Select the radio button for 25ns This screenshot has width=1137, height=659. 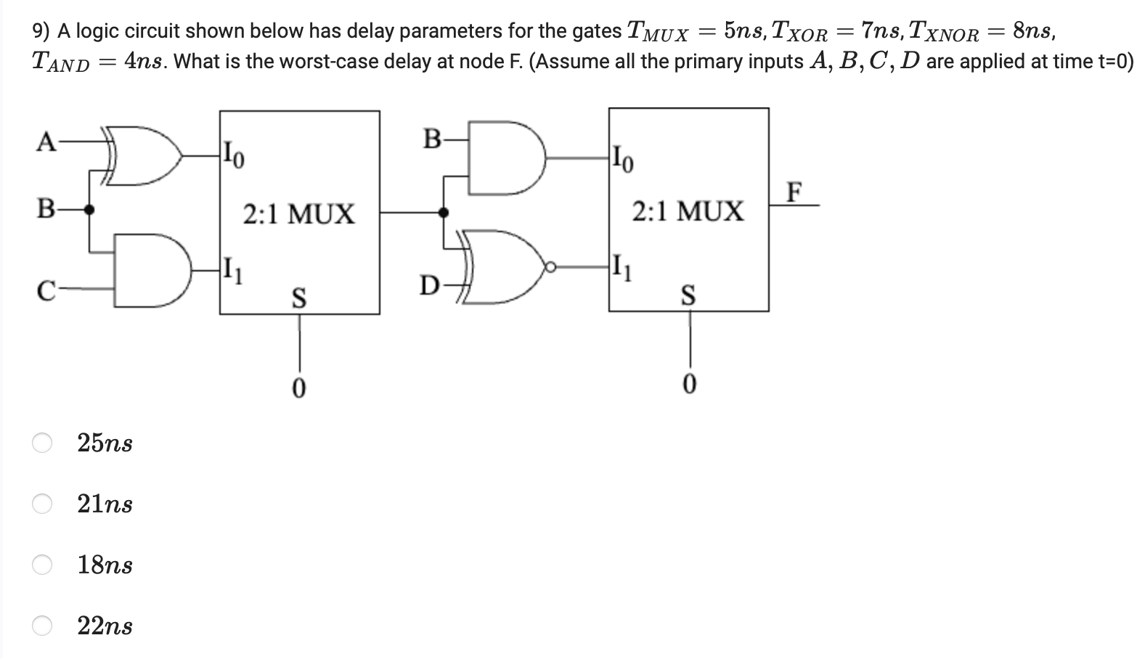click(42, 443)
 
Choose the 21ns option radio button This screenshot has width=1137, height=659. click(42, 504)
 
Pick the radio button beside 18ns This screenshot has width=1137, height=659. click(42, 565)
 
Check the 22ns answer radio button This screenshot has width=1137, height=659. click(42, 626)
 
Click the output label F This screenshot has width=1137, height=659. click(795, 192)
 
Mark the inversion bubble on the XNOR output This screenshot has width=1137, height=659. click(552, 268)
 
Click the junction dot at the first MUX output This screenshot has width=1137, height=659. click(444, 213)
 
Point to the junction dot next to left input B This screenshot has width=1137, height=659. click(89, 210)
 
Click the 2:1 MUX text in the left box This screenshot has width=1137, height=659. click(298, 215)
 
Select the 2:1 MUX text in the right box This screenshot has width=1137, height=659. click(688, 212)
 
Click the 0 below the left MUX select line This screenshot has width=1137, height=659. click(298, 388)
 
